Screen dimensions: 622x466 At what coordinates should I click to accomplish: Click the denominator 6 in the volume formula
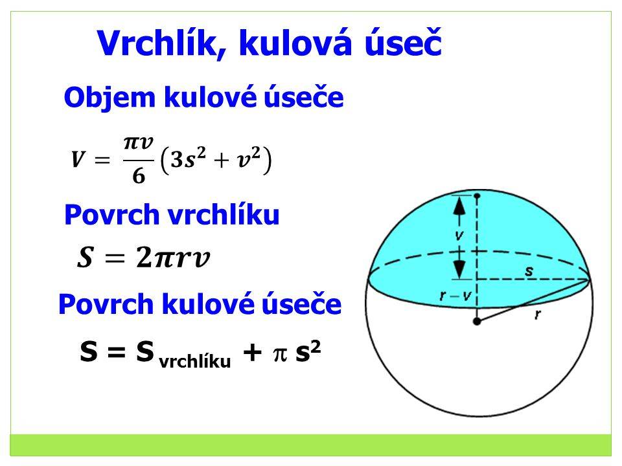pyautogui.click(x=139, y=175)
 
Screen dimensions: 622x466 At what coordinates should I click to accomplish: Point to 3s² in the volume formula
pyautogui.click(x=188, y=159)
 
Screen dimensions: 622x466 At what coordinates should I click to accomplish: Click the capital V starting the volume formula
pyautogui.click(x=78, y=159)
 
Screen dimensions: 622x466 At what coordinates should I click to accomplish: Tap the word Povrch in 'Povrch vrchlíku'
pyautogui.click(x=112, y=215)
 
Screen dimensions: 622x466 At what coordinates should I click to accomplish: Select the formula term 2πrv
pyautogui.click(x=173, y=257)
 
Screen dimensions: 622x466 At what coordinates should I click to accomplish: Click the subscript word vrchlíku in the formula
pyautogui.click(x=195, y=361)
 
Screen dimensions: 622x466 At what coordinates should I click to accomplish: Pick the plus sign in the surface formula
pyautogui.click(x=252, y=352)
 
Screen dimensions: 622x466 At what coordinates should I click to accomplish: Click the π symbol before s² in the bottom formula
pyautogui.click(x=280, y=354)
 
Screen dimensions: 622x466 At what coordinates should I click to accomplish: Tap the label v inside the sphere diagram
pyautogui.click(x=459, y=236)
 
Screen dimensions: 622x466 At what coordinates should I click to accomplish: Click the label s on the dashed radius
pyautogui.click(x=529, y=271)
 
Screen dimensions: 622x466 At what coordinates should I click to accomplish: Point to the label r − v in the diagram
pyautogui.click(x=455, y=296)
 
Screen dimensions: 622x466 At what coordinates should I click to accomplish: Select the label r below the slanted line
pyautogui.click(x=538, y=315)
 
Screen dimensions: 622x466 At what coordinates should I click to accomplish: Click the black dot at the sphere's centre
pyautogui.click(x=477, y=322)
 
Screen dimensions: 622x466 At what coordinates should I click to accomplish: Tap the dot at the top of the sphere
pyautogui.click(x=477, y=195)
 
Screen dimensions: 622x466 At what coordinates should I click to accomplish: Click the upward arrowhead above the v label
pyautogui.click(x=459, y=206)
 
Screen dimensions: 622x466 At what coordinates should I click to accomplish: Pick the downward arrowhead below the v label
pyautogui.click(x=459, y=269)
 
